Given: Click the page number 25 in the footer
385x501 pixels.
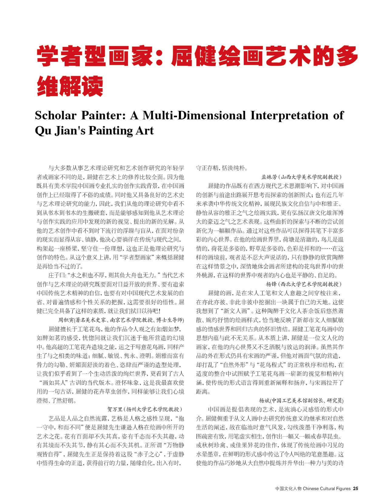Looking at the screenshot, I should pyautogui.click(x=356, y=489).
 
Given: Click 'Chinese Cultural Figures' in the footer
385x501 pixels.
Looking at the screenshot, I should pyautogui.click(x=326, y=489).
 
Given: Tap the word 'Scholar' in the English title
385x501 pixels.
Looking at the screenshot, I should pyautogui.click(x=55, y=115).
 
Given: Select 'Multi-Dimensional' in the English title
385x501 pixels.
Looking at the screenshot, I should pyautogui.click(x=194, y=115).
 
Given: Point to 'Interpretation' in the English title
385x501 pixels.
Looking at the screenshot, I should pyautogui.click(x=290, y=115).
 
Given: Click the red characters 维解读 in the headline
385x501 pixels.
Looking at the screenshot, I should pyautogui.click(x=70, y=86).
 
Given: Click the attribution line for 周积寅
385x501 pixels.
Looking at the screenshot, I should pyautogui.click(x=121, y=320).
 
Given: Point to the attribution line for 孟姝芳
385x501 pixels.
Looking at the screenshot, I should pyautogui.click(x=301, y=177).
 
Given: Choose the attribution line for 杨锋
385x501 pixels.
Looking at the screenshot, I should pyautogui.click(x=304, y=284).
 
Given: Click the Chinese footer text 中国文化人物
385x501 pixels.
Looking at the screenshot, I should pyautogui.click(x=288, y=489).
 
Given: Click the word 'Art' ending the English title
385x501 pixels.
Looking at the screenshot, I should pyautogui.click(x=146, y=131).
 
